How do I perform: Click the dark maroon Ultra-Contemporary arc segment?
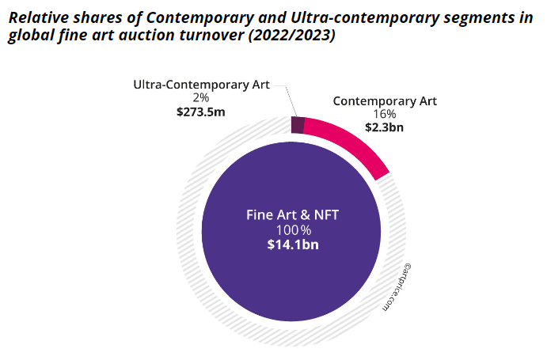point(298,125)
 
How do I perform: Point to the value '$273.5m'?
point(200,112)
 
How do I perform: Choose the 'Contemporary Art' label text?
point(385,100)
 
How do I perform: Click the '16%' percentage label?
point(385,114)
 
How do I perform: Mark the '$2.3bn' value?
point(385,127)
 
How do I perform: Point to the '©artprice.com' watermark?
point(395,288)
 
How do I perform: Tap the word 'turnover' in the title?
point(207,37)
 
